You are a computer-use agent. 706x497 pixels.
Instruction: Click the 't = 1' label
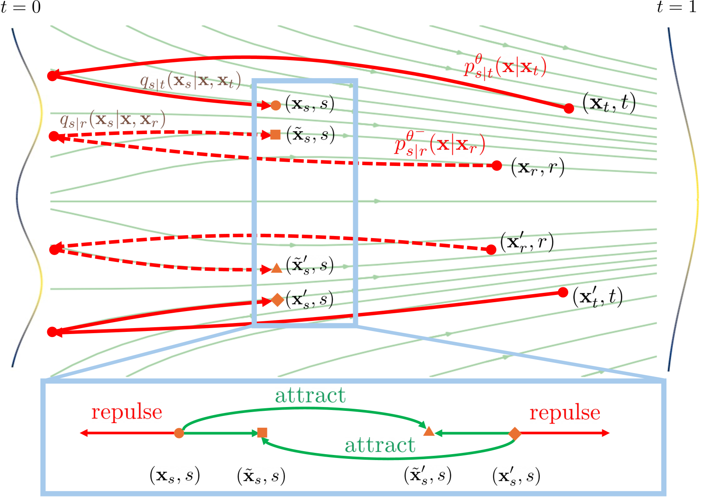pos(676,7)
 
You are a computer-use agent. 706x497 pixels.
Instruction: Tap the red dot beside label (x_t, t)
pos(569,109)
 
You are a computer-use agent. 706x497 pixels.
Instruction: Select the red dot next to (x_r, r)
pos(496,166)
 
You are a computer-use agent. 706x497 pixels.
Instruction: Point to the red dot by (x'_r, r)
pos(491,250)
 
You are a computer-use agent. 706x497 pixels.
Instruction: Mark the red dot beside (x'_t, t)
pos(563,292)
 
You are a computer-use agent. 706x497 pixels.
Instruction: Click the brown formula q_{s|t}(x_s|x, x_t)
pos(190,81)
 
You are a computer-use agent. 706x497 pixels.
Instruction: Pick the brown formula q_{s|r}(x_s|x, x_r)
pos(112,121)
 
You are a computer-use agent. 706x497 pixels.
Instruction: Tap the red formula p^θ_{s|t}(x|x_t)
pos(505,67)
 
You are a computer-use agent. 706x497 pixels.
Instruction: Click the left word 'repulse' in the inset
pos(127,412)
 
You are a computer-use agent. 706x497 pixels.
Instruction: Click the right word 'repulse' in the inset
pos(564,413)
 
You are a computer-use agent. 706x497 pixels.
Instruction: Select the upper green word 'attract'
pos(310,396)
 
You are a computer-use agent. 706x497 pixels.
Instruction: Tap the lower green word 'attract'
pos(380,445)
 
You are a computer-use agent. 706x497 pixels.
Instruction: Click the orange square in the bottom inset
pos(262,433)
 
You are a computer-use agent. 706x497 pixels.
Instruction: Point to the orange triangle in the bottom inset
pos(429,432)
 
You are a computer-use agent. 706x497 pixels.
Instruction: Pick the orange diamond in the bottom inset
pos(515,433)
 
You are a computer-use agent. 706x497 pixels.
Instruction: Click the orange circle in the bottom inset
pos(179,433)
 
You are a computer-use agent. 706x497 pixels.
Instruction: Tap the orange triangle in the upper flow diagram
pos(277,269)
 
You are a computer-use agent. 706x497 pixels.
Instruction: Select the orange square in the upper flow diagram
pos(275,135)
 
